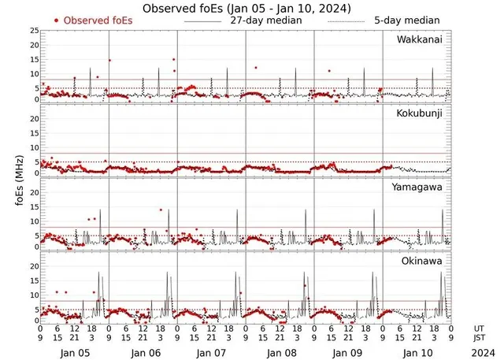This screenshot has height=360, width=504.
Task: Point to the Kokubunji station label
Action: point(421,114)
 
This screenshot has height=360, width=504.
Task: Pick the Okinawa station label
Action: point(423,261)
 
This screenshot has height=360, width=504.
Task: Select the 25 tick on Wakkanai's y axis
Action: point(34,31)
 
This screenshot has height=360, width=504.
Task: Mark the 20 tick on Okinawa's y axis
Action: point(34,267)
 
